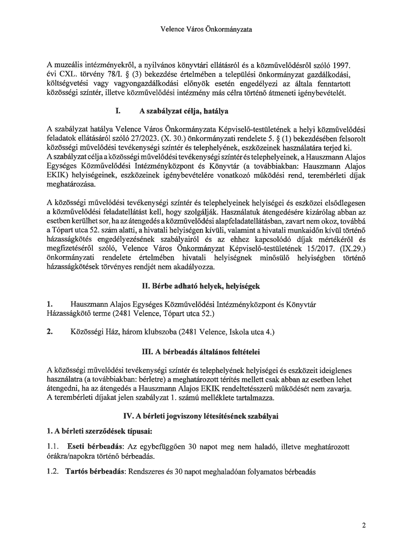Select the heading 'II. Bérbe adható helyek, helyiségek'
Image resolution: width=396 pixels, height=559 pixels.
point(201,286)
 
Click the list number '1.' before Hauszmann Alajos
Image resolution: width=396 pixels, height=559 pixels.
point(49,305)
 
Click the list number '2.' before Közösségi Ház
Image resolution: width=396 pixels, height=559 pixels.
point(50,332)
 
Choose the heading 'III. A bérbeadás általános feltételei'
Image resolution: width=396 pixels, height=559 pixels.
point(201,352)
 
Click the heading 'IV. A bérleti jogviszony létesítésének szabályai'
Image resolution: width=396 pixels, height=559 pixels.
point(201,417)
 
